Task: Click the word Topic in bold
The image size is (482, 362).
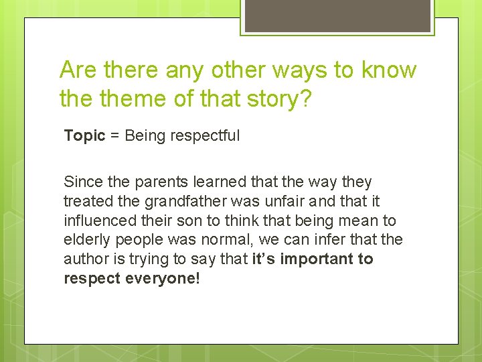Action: (84, 136)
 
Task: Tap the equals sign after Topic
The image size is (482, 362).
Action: (114, 136)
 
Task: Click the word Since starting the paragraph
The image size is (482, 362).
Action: (80, 182)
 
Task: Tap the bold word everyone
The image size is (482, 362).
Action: (159, 278)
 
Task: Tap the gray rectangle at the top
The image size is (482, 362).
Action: (337, 15)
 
